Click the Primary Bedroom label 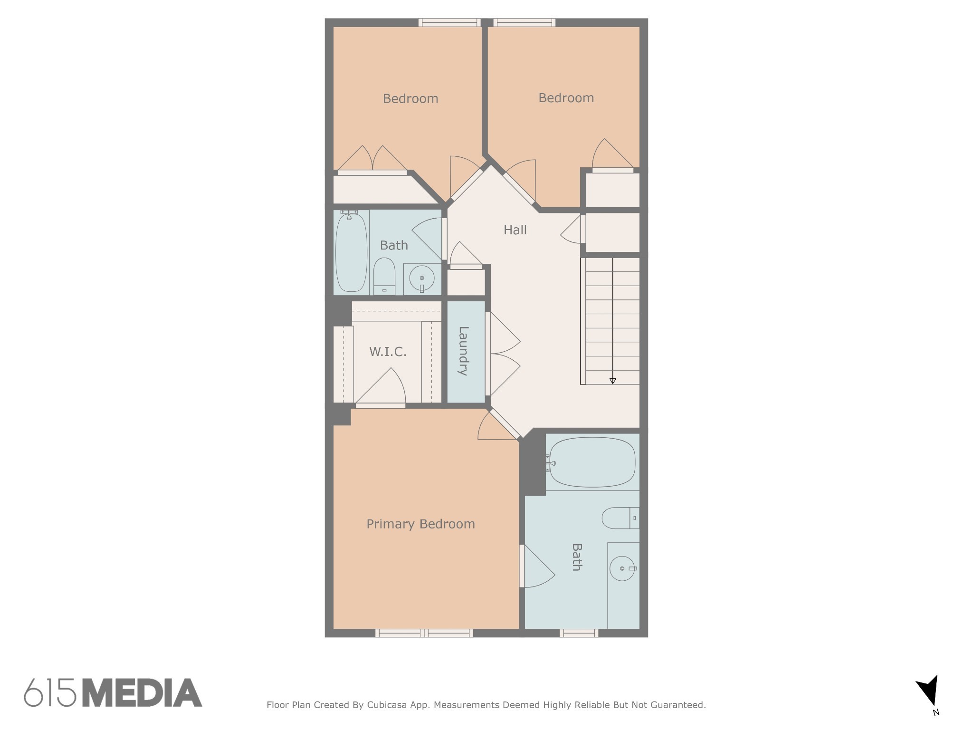[x=420, y=524]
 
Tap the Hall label [x=515, y=230]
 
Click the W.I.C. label [x=388, y=352]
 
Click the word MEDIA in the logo [x=143, y=693]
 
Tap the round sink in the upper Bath [x=421, y=278]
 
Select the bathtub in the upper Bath [x=351, y=252]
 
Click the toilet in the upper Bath [x=384, y=276]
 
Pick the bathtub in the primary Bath [x=592, y=462]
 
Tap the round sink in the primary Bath [x=622, y=568]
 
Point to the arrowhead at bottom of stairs [x=612, y=381]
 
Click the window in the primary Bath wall [x=578, y=633]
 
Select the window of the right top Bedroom [x=524, y=22]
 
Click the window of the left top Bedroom [x=449, y=22]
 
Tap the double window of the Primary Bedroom [x=424, y=633]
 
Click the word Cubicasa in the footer [x=386, y=705]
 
